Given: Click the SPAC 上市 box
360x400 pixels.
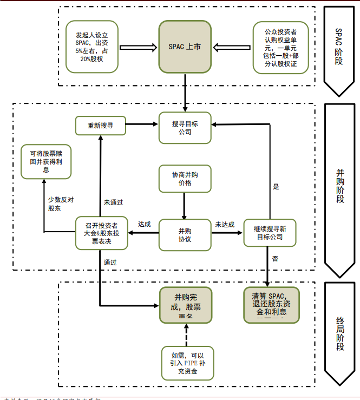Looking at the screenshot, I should (x=185, y=47).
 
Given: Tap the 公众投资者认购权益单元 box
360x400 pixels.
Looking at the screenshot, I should (x=280, y=47).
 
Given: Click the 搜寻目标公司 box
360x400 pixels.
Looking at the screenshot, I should (x=185, y=128).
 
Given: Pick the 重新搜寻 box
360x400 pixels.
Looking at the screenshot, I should (x=100, y=126).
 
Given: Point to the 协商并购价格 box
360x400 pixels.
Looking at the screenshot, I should (x=185, y=179).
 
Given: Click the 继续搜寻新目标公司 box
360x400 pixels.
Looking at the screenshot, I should (x=270, y=233).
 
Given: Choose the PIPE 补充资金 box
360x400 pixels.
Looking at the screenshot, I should (x=187, y=362).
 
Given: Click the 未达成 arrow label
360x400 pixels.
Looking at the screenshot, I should (x=225, y=224).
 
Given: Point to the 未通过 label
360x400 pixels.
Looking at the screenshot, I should (x=114, y=202).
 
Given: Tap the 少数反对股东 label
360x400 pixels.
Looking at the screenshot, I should (x=61, y=204).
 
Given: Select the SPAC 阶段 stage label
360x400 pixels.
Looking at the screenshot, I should (x=339, y=47).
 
